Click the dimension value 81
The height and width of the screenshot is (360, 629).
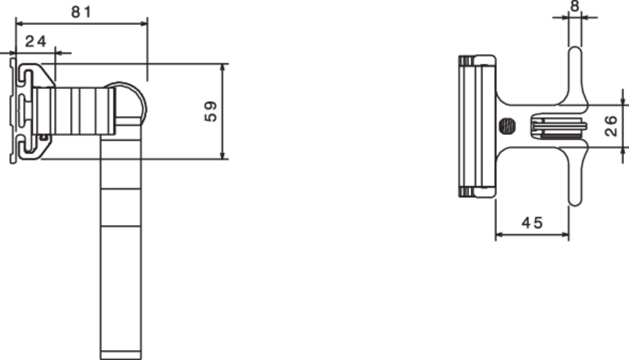tap(82, 12)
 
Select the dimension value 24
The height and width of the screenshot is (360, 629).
tap(36, 41)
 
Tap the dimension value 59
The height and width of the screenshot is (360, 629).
tap(210, 111)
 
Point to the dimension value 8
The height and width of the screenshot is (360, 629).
tap(575, 6)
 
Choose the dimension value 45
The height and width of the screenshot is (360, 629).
tap(532, 222)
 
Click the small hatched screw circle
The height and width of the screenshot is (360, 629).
tap(507, 126)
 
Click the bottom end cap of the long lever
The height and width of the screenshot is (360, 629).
tap(121, 355)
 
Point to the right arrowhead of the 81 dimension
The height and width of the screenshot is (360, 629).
tap(144, 24)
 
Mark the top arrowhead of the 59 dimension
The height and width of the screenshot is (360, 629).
tap(223, 68)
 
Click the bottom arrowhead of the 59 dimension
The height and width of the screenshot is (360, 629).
tap(223, 154)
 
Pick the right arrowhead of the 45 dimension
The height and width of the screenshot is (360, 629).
tap(564, 234)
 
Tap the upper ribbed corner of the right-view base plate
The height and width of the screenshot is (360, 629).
tap(466, 60)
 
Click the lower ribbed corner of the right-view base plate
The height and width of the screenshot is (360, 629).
tap(466, 192)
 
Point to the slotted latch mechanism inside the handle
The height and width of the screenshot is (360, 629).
tap(559, 127)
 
